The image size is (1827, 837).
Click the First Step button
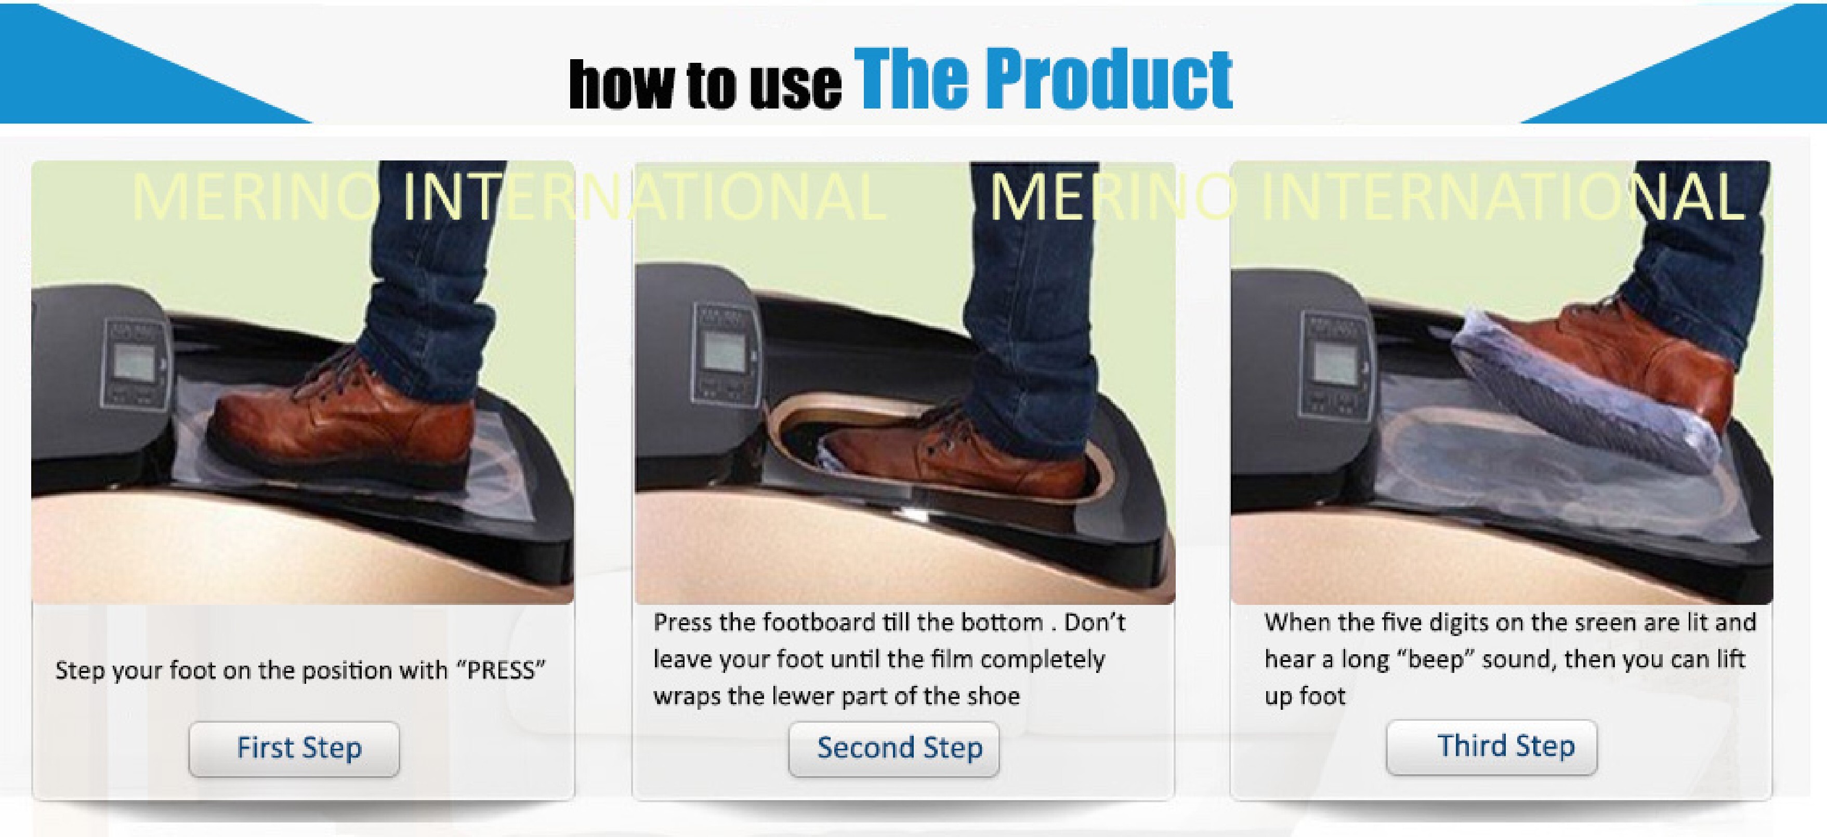pyautogui.click(x=294, y=748)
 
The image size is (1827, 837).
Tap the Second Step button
pyautogui.click(x=893, y=748)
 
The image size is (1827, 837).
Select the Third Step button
pyautogui.click(x=1492, y=747)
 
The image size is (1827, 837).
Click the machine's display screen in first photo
pyautogui.click(x=134, y=363)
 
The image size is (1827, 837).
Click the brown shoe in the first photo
pyautogui.click(x=340, y=425)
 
